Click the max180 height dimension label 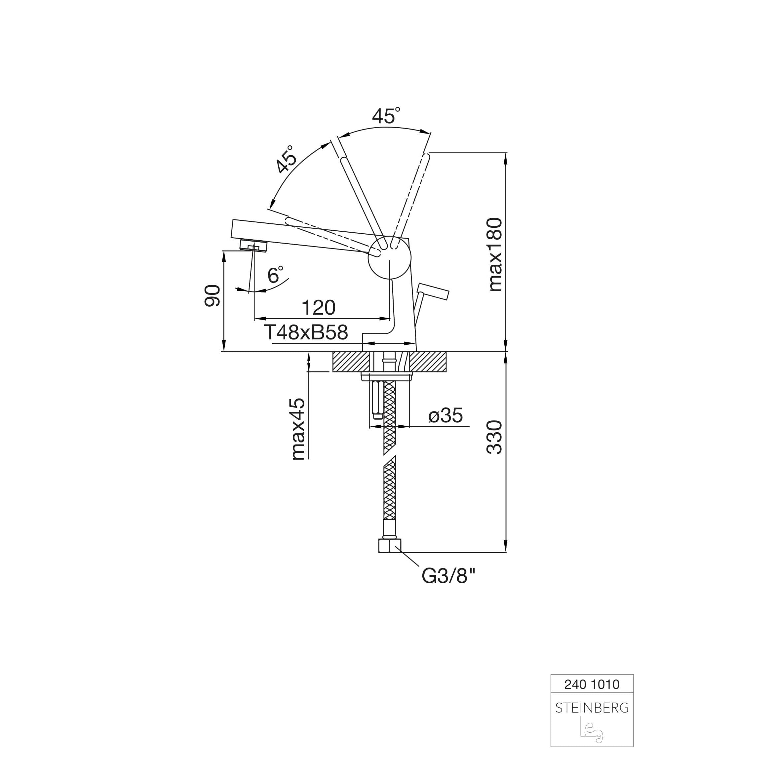point(495,254)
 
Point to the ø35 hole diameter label point(445,415)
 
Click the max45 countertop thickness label point(298,429)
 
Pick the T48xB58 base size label point(306,332)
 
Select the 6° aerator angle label point(275,275)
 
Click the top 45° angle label point(386,116)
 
